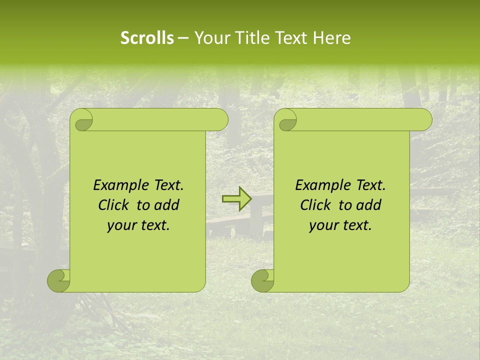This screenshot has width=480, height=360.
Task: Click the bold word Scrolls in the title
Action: point(147,38)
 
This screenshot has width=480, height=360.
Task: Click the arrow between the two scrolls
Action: point(236,199)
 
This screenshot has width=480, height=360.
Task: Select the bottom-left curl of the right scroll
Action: point(262,281)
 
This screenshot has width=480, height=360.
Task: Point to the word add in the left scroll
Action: point(167,205)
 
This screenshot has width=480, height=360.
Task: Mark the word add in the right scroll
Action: point(369,205)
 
